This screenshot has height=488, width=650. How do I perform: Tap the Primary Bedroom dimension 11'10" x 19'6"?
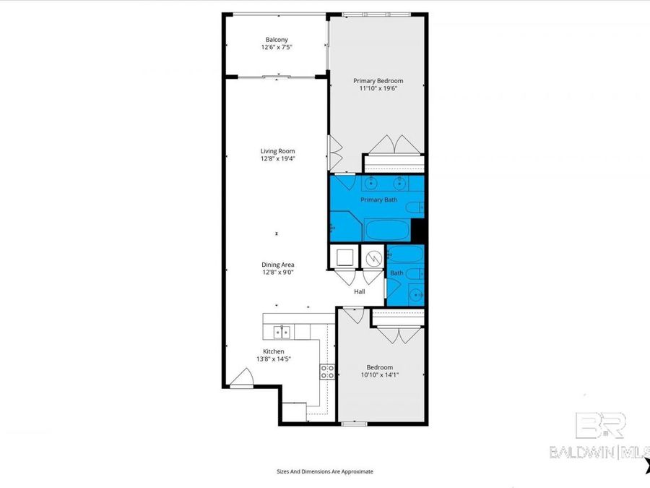377,88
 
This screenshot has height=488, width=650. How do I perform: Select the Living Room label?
277,151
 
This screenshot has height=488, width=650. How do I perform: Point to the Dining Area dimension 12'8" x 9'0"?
277,272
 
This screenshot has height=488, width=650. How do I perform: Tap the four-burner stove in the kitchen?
327,372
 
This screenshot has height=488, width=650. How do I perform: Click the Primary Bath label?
376,200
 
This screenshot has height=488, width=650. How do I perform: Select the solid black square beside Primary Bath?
417,231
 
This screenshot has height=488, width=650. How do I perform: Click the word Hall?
359,292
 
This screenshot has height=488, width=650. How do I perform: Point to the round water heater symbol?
373,258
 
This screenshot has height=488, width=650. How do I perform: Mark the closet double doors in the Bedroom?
399,334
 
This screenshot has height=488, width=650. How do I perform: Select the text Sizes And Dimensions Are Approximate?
325,471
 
